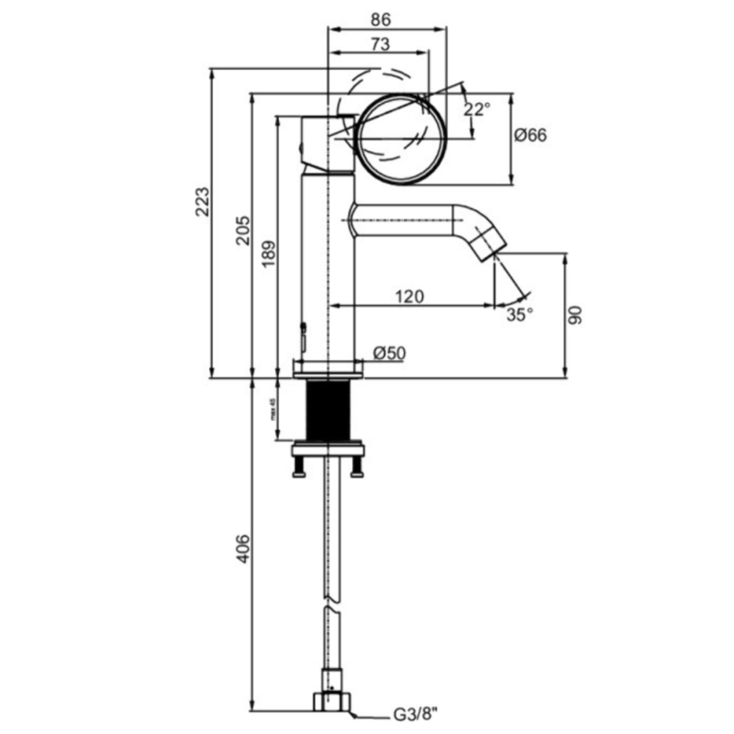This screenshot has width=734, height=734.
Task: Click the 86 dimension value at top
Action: pos(381,19)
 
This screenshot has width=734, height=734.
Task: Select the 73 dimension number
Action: pos(380,44)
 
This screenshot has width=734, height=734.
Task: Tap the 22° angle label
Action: pos(477,109)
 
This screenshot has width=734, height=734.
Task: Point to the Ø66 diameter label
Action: pos(531,135)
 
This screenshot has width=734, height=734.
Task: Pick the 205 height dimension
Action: pos(243,230)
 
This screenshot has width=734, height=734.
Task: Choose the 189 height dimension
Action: pos(269,254)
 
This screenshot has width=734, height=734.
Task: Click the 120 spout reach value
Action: pos(409,296)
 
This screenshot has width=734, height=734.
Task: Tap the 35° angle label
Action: pos(519,315)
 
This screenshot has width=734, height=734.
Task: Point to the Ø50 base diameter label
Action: pos(389,353)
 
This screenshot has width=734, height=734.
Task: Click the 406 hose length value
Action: pos(243,548)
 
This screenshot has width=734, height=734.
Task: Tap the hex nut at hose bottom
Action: pos(332,701)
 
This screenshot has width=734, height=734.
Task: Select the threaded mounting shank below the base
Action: pos(328,410)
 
